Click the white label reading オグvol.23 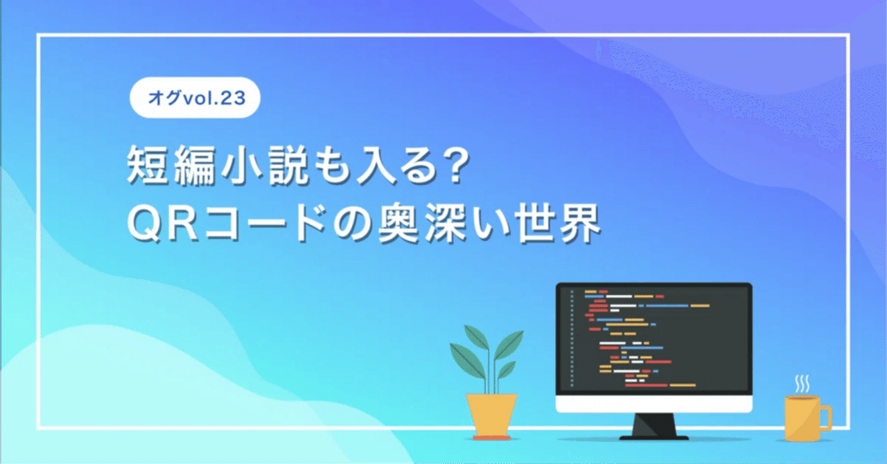(195, 98)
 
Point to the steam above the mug (802, 383)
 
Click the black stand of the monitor (653, 427)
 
